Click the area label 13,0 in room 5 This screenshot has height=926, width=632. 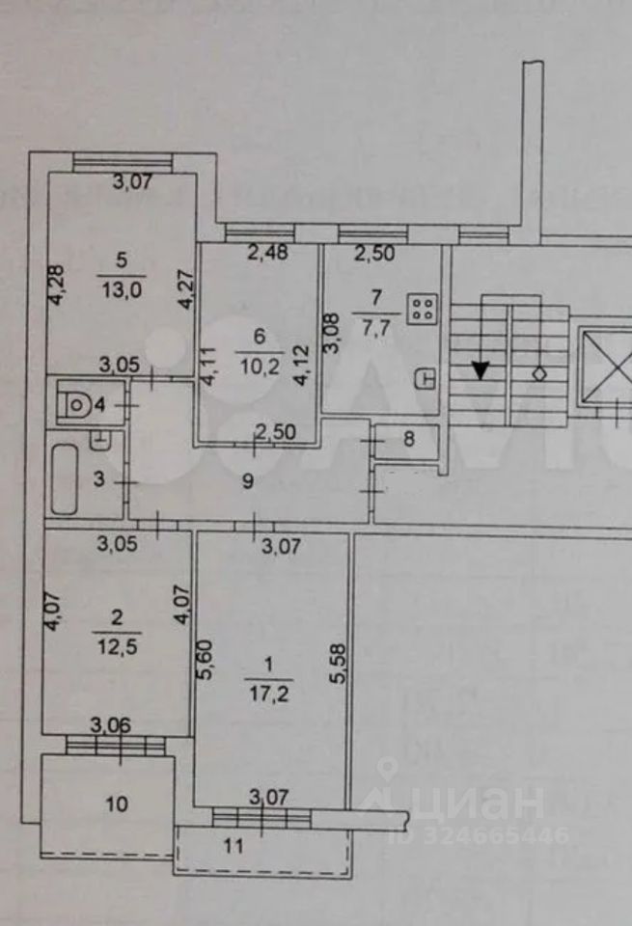pyautogui.click(x=121, y=282)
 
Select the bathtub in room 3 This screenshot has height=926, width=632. pyautogui.click(x=66, y=478)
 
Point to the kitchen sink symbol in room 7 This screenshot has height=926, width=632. pyautogui.click(x=426, y=379)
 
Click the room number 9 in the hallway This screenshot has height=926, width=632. pyautogui.click(x=248, y=481)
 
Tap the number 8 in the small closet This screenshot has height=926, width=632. pyautogui.click(x=407, y=440)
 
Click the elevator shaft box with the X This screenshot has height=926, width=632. pyautogui.click(x=603, y=368)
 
